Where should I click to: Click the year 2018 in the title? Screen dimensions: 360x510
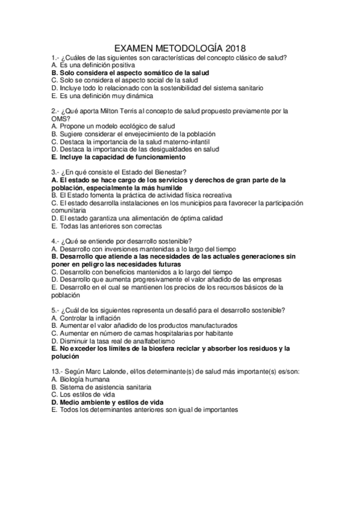click(x=231, y=48)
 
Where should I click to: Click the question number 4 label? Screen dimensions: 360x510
click(x=55, y=241)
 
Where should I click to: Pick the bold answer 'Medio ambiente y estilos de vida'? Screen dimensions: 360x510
click(x=106, y=402)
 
